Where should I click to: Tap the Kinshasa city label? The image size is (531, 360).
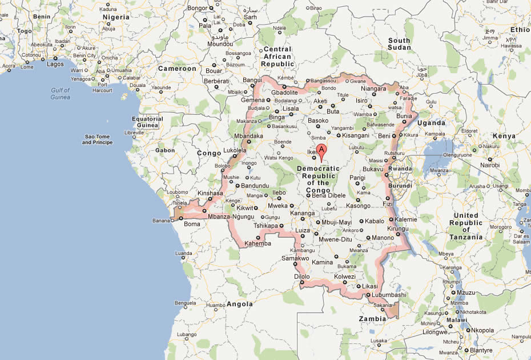(x=210, y=194)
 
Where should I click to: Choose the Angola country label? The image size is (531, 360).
(x=240, y=304)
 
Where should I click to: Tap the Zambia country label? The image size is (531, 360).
(x=372, y=318)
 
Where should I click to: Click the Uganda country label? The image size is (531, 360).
(x=431, y=123)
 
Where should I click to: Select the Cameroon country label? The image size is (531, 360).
(x=177, y=69)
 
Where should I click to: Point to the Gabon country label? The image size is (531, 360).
(x=165, y=150)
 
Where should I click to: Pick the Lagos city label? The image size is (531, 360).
(x=55, y=65)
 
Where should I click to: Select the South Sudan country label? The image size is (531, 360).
(x=399, y=44)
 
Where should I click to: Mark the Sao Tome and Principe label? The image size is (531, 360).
(x=97, y=139)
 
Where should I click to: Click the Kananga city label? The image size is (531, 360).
(x=303, y=214)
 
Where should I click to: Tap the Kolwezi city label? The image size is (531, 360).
(x=344, y=277)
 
